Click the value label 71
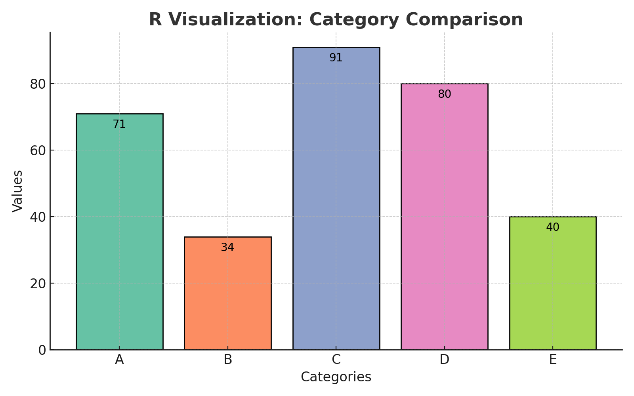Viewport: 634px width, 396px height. click(119, 124)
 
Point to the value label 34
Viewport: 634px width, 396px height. click(227, 247)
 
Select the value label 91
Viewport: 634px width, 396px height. click(336, 58)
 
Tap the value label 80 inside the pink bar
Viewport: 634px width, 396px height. click(444, 94)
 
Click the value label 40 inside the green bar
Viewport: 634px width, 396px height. click(552, 227)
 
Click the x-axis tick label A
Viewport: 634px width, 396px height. click(119, 360)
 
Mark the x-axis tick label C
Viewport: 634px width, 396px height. click(336, 360)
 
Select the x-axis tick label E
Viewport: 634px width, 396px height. click(552, 360)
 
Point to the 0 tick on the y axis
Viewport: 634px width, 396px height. click(42, 350)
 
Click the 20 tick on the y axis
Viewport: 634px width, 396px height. click(38, 284)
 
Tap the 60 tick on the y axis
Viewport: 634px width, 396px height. click(38, 150)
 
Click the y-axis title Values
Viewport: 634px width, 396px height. click(17, 191)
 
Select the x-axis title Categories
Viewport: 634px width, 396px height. click(336, 377)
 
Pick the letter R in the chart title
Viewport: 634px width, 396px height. click(155, 20)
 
